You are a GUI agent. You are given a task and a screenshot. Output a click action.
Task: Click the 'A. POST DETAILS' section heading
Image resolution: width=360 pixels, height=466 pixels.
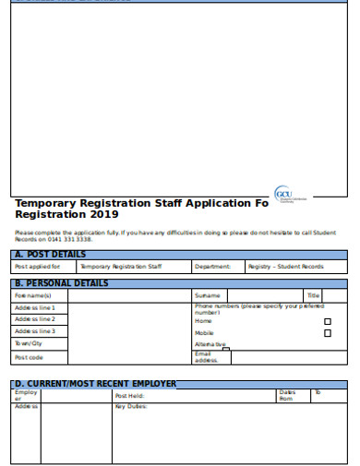[x=50, y=255]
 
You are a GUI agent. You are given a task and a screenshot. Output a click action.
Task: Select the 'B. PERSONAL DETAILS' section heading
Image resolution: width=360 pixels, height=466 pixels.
[x=61, y=283]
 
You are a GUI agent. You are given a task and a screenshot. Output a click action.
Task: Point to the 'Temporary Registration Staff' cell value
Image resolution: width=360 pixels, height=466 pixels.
[x=120, y=267]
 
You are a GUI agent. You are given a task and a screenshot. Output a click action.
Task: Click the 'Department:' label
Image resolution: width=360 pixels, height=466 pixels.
[x=212, y=267]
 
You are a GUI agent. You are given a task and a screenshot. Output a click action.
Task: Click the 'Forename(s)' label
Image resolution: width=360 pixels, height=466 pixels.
[x=33, y=295]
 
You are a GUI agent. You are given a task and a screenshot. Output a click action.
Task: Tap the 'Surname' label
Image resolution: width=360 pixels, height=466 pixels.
[x=208, y=295]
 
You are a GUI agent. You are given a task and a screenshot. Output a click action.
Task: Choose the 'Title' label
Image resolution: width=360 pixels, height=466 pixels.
[x=313, y=295]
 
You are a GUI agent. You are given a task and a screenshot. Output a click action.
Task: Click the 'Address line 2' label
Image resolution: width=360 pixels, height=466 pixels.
[x=35, y=319]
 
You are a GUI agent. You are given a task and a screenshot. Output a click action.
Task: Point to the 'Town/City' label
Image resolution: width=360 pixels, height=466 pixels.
[x=29, y=342]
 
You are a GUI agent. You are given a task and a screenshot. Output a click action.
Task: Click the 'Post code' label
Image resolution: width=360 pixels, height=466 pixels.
[x=29, y=357]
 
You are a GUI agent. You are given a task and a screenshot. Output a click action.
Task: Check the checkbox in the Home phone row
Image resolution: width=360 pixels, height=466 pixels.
[x=327, y=322]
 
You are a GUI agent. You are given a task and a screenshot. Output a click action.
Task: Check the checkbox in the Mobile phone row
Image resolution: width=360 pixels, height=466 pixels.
[x=327, y=333]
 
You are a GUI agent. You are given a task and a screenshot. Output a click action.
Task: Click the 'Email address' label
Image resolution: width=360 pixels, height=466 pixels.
[x=206, y=357]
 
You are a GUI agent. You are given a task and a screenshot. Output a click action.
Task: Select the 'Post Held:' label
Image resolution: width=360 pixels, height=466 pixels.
[x=129, y=396]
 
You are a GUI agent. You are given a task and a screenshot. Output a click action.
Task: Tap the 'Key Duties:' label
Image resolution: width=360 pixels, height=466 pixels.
[x=131, y=406]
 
